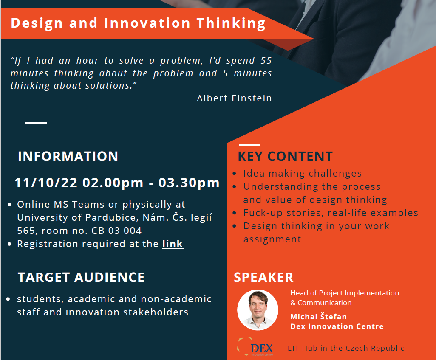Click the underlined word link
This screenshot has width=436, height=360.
[x=173, y=244]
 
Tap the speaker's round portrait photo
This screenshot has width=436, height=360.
[x=258, y=309]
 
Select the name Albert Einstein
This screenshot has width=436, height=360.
[x=234, y=98]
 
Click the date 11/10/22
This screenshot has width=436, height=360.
[x=46, y=183]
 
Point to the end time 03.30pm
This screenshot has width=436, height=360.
[x=189, y=183]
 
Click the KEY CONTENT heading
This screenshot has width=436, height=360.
[x=285, y=156]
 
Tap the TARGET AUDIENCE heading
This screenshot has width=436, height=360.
[x=81, y=277]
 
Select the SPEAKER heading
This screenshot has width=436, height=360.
[x=263, y=277]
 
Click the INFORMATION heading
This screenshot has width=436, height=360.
[x=68, y=156]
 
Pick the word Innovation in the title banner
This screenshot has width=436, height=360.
[x=147, y=23]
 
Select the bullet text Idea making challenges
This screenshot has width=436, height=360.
[x=303, y=173]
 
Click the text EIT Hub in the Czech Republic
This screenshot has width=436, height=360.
[x=346, y=348]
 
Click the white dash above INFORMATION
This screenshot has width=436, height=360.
[x=36, y=123]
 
